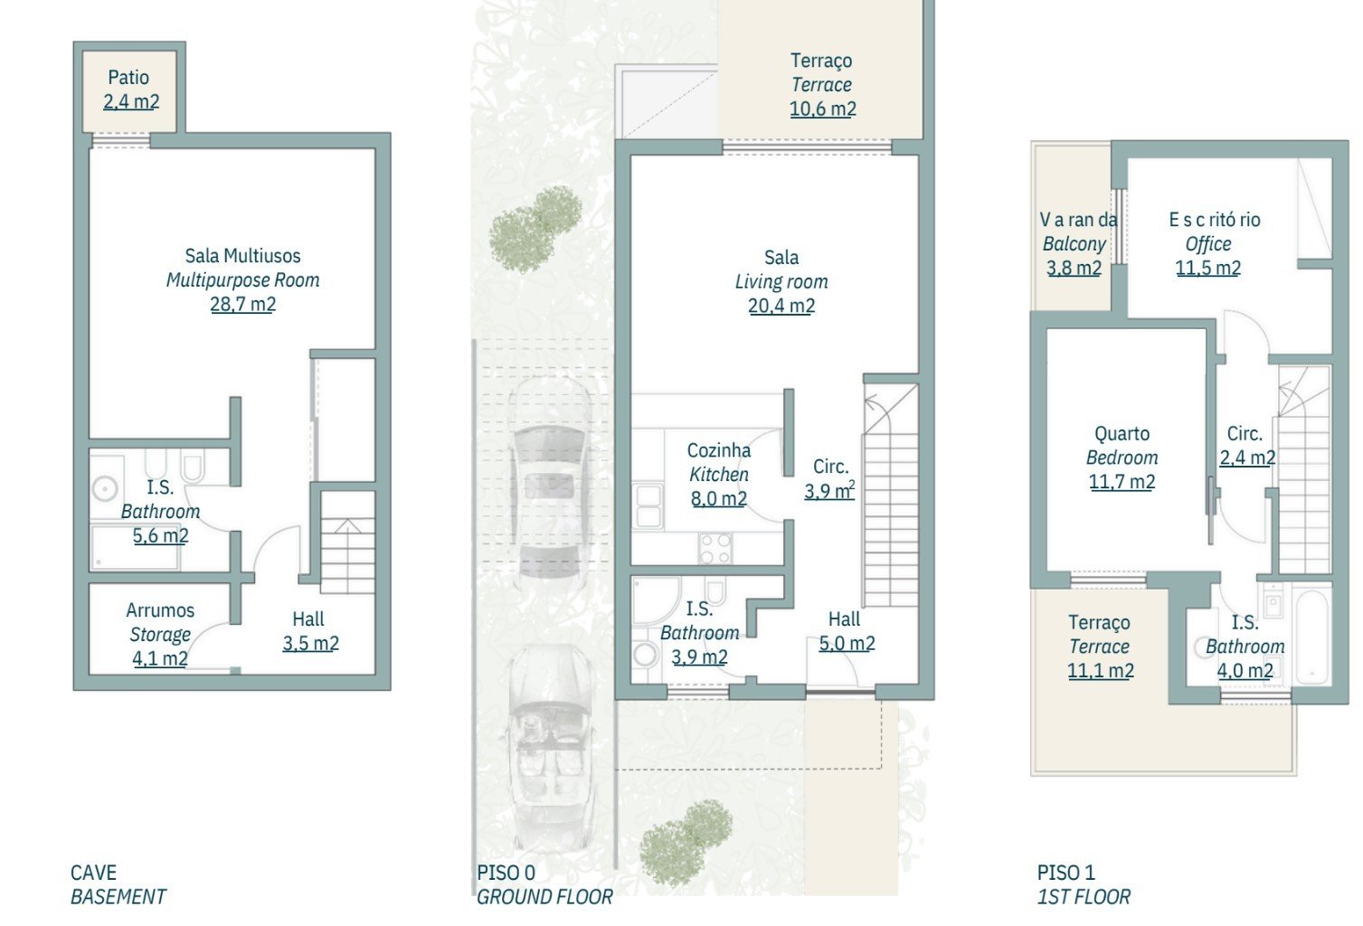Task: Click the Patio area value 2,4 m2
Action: pyautogui.click(x=131, y=101)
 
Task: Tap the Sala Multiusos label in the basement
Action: pyautogui.click(x=242, y=256)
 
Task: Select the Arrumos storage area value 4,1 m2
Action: pyautogui.click(x=160, y=658)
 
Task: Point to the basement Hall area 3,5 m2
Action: pyautogui.click(x=310, y=643)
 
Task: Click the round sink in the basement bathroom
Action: pyautogui.click(x=105, y=488)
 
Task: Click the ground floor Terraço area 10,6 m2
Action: pyautogui.click(x=823, y=109)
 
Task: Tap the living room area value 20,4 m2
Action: pyautogui.click(x=781, y=306)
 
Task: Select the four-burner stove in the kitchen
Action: pyautogui.click(x=715, y=548)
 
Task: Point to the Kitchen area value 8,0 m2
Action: pyautogui.click(x=719, y=499)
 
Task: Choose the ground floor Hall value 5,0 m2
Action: pyautogui.click(x=847, y=643)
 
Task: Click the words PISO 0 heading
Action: pyautogui.click(x=506, y=873)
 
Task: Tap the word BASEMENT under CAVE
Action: pyautogui.click(x=118, y=897)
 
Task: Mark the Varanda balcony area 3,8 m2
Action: pyautogui.click(x=1074, y=268)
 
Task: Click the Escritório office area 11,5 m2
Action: pyautogui.click(x=1207, y=268)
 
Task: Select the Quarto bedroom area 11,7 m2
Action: pyautogui.click(x=1122, y=482)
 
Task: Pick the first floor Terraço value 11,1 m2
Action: pyautogui.click(x=1100, y=670)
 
